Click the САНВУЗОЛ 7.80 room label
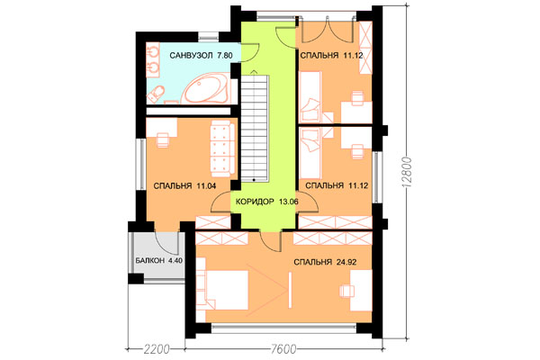pyautogui.click(x=201, y=56)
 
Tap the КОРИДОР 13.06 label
pyautogui.click(x=267, y=202)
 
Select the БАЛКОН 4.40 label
pyautogui.click(x=158, y=260)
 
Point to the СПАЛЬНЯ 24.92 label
pyautogui.click(x=325, y=262)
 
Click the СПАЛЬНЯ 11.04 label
pyautogui.click(x=184, y=186)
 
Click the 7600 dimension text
pyautogui.click(x=283, y=349)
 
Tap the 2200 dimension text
pyautogui.click(x=157, y=349)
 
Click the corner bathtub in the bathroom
pyautogui.click(x=206, y=88)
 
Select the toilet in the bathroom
pyautogui.click(x=156, y=94)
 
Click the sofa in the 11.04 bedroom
pyautogui.click(x=223, y=148)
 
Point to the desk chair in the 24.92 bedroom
pyautogui.click(x=347, y=291)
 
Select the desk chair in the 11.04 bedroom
pyautogui.click(x=163, y=139)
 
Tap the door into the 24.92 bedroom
pyautogui.click(x=271, y=241)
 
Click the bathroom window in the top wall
pyautogui.click(x=209, y=36)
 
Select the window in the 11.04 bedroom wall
pyautogui.click(x=141, y=164)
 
